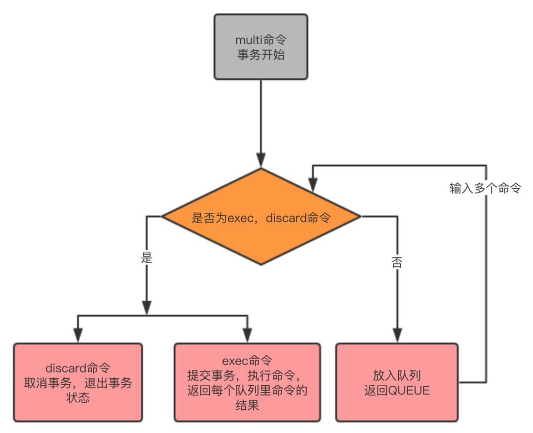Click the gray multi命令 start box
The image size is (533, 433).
pos(261,46)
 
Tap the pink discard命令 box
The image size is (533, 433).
pos(78,382)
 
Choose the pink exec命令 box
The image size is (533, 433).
pos(247,382)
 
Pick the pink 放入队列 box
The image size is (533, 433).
pos(397,382)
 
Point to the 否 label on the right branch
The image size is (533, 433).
pos(397,262)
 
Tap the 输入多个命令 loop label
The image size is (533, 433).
pos(485,189)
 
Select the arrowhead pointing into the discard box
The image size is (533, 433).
pos(77,335)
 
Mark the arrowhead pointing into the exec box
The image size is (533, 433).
pos(247,335)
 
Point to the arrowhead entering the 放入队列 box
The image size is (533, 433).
pos(397,335)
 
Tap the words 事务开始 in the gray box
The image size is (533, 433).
pos(261,55)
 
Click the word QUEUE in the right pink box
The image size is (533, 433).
pos(409,391)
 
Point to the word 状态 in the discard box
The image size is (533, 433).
pos(78,398)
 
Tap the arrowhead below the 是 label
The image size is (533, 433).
pos(147,305)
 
